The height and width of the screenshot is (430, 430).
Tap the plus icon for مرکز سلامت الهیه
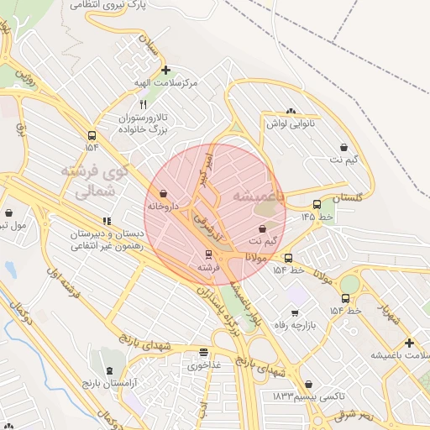coord(166,71)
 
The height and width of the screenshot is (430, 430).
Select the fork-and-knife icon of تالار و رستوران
coord(143,104)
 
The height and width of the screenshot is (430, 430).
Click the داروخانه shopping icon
coord(162,194)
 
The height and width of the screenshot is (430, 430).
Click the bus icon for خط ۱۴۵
coord(317,204)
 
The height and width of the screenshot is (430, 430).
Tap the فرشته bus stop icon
coord(208,254)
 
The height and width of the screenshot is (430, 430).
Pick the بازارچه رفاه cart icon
coord(294,314)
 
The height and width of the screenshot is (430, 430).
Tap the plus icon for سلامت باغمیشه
coord(408,343)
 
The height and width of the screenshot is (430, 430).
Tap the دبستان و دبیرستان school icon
coord(106,220)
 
